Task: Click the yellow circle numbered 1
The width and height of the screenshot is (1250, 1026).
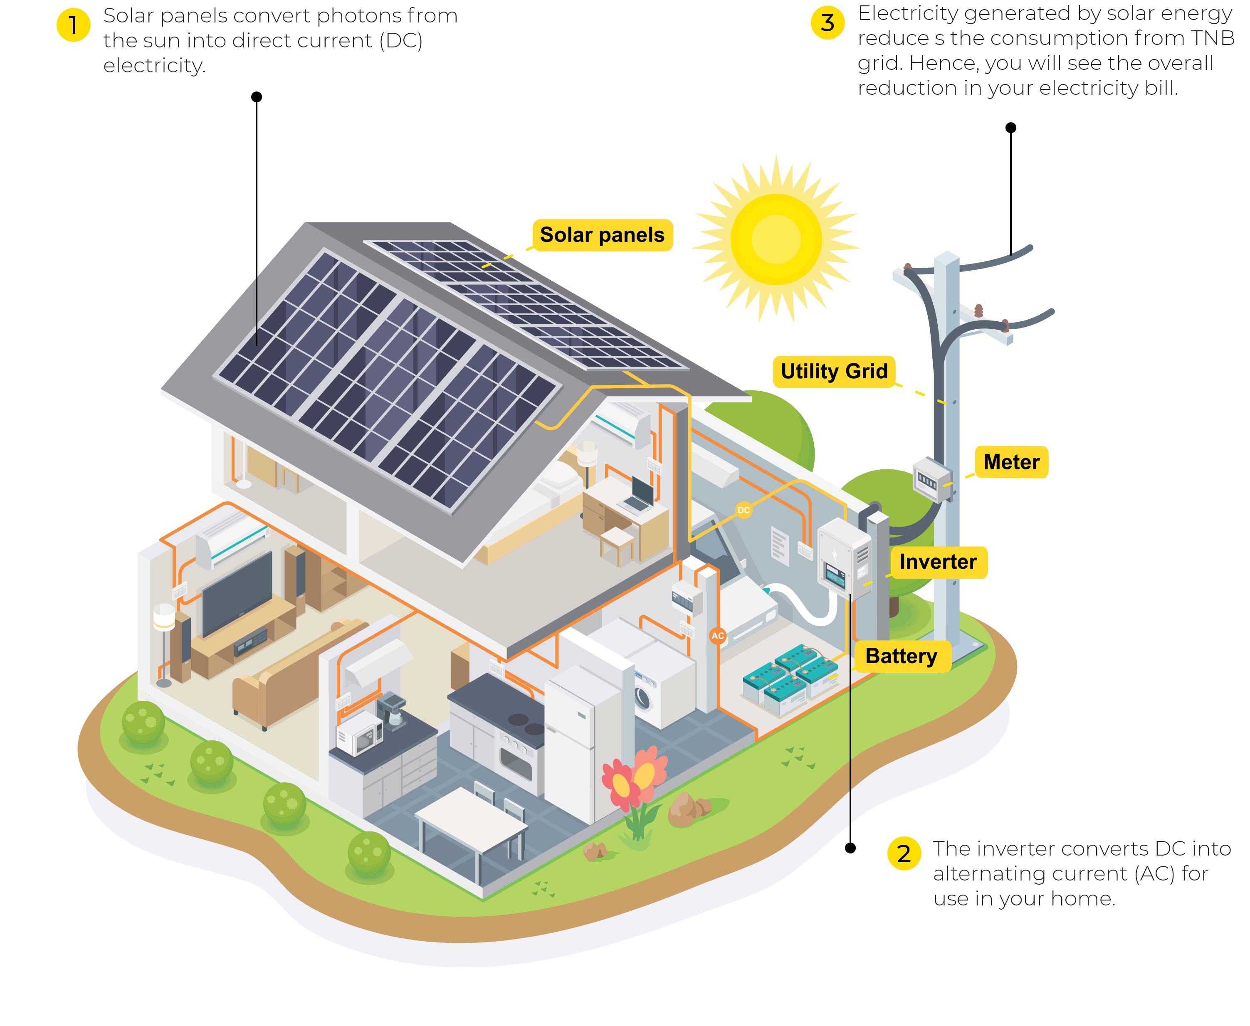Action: tap(73, 25)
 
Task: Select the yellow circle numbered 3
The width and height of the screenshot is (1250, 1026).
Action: tap(828, 22)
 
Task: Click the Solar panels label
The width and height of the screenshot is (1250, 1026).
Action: tap(602, 234)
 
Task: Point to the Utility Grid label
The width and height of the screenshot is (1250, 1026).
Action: tap(834, 371)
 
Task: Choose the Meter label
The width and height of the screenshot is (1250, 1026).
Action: tap(1011, 461)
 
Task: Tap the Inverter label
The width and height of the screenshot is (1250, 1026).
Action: tap(938, 562)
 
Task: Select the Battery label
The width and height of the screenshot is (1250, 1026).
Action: tap(901, 656)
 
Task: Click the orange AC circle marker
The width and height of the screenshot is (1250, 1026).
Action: tap(717, 636)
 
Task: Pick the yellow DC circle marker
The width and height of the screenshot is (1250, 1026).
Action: tap(744, 510)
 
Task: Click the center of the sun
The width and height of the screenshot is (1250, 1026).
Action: tap(776, 239)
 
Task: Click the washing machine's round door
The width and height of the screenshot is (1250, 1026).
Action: tap(642, 697)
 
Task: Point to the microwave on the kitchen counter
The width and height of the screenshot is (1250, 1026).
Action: tap(358, 733)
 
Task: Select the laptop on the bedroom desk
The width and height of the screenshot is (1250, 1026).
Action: tap(638, 495)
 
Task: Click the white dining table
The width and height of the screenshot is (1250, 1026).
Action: tap(471, 816)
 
